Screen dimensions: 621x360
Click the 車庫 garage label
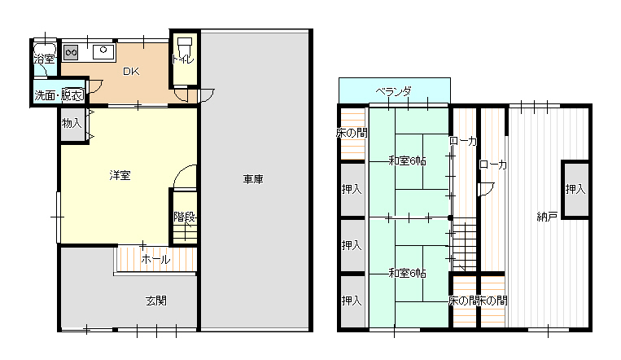[253, 180]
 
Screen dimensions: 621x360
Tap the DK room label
[131, 72]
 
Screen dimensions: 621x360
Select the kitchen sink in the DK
[103, 52]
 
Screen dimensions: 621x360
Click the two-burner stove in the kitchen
[71, 52]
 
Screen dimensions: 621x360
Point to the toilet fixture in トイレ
[184, 46]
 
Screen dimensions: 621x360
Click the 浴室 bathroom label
[44, 59]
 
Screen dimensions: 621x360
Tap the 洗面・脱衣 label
[59, 95]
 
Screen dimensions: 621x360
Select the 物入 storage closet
[72, 124]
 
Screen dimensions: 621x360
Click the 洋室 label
[120, 175]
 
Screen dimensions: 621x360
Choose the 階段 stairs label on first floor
[185, 217]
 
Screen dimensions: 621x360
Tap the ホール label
[156, 260]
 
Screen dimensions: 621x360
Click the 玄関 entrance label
[156, 301]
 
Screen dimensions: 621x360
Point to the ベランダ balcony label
[394, 92]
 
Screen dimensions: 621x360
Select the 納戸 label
[547, 217]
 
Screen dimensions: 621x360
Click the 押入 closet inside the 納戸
[576, 190]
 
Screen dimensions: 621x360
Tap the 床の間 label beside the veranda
[352, 134]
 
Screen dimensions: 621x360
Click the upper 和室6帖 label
[407, 161]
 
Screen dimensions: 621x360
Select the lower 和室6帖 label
[407, 273]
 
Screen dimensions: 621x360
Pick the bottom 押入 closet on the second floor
[352, 301]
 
